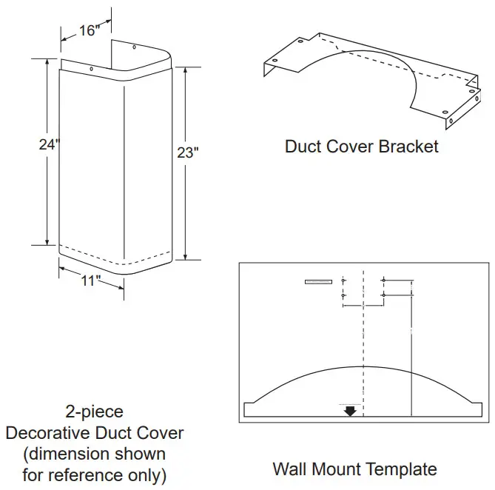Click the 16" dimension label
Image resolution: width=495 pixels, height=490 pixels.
coord(87,30)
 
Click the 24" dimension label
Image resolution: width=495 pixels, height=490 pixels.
coord(48,145)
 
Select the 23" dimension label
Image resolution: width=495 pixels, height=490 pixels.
coord(188,152)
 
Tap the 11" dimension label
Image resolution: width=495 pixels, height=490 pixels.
coord(90,281)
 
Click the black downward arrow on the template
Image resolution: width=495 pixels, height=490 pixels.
coord(350,410)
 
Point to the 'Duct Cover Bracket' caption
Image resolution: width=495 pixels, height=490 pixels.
coord(361,146)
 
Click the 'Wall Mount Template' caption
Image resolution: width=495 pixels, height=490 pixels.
coord(354,469)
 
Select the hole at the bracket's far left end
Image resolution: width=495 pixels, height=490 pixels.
coord(275,61)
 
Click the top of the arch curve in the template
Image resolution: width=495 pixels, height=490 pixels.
coord(363,366)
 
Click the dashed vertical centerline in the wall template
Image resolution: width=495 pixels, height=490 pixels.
coord(363,333)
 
